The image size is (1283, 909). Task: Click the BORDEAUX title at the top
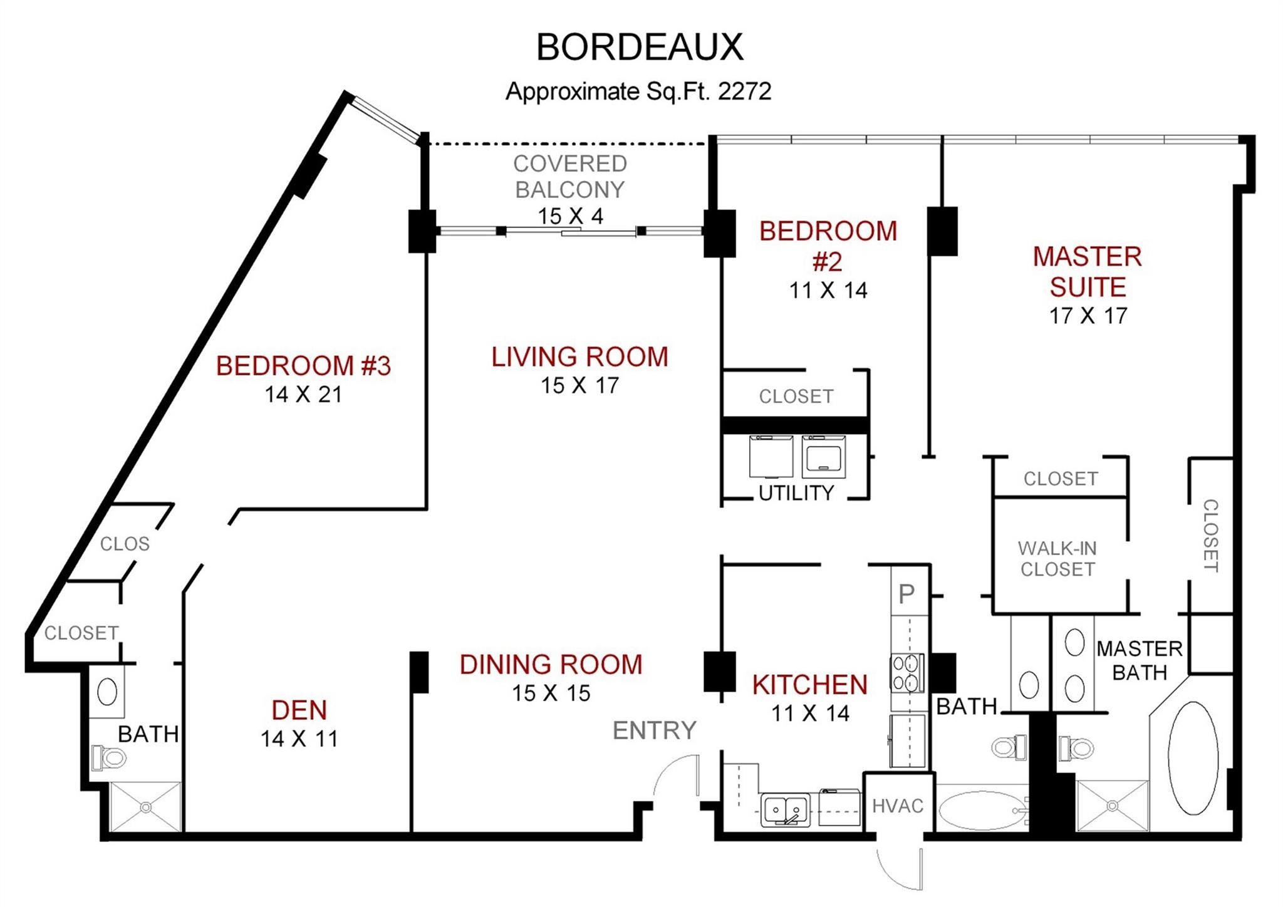(x=640, y=47)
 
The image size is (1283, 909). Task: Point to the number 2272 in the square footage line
(x=744, y=91)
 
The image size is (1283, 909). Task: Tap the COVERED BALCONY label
(x=570, y=176)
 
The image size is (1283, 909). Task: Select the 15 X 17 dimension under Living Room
(x=580, y=385)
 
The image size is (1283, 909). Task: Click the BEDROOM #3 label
(x=303, y=366)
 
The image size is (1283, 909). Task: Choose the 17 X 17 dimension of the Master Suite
(x=1088, y=316)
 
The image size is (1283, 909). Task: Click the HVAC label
(x=898, y=806)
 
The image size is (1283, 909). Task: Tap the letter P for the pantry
(x=906, y=593)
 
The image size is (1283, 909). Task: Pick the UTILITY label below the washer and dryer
(x=796, y=493)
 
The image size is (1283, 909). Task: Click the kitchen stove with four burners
(x=907, y=672)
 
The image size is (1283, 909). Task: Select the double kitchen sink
(x=786, y=809)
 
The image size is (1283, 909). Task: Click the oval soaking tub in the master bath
(x=1193, y=758)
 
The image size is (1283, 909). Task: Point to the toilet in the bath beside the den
(x=108, y=757)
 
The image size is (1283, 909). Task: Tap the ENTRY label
(x=655, y=730)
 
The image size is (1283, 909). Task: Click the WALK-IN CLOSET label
(x=1057, y=559)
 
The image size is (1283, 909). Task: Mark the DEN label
(x=299, y=710)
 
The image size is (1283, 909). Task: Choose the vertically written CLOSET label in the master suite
(x=1210, y=536)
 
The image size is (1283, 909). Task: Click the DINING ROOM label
(x=551, y=665)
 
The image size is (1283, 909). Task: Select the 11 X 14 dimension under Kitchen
(x=810, y=713)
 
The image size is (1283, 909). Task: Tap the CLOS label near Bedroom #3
(x=125, y=544)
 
